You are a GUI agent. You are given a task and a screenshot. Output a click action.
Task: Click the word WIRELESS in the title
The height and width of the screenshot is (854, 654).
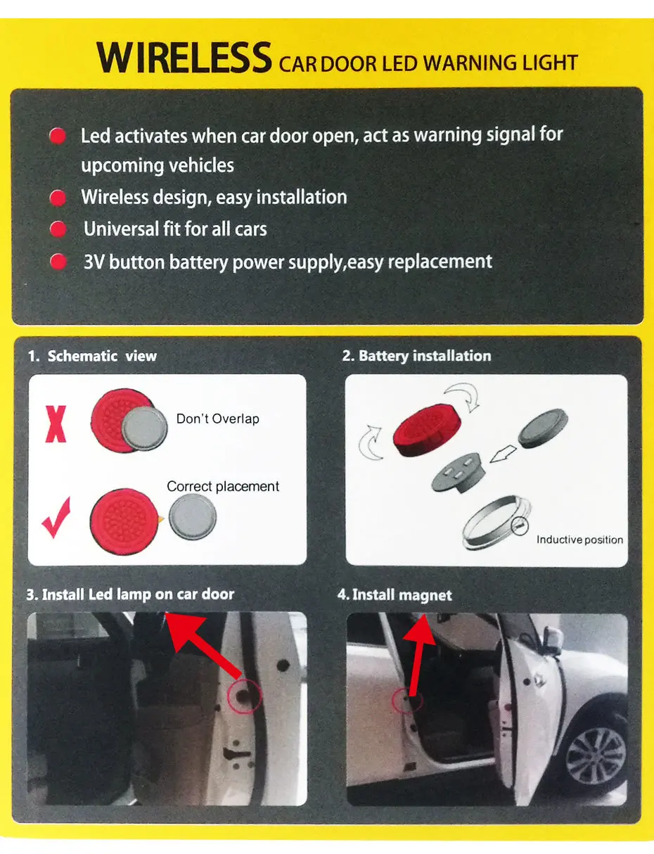pyautogui.click(x=184, y=58)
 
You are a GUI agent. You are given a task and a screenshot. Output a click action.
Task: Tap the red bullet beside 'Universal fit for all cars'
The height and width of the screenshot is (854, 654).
pyautogui.click(x=58, y=229)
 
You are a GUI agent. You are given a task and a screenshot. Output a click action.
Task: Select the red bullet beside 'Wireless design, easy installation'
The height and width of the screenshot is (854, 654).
pyautogui.click(x=58, y=198)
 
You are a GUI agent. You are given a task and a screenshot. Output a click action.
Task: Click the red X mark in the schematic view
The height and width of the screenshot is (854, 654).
pyautogui.click(x=56, y=424)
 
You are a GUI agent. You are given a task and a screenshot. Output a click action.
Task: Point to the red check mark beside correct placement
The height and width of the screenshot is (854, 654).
pyautogui.click(x=56, y=517)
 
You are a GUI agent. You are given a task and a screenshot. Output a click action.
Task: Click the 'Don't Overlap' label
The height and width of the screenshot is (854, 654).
pyautogui.click(x=217, y=419)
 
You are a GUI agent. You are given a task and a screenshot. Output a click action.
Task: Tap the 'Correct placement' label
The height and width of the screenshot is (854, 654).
pyautogui.click(x=223, y=487)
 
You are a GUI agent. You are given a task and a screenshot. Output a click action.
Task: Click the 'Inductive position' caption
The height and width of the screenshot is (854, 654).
pyautogui.click(x=579, y=540)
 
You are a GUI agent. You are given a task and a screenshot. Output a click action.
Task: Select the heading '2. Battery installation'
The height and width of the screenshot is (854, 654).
pyautogui.click(x=416, y=356)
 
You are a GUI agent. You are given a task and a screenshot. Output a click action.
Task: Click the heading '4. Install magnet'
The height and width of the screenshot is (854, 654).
pyautogui.click(x=395, y=595)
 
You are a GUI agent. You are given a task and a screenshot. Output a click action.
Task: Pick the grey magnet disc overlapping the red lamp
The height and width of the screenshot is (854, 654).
pyautogui.click(x=145, y=428)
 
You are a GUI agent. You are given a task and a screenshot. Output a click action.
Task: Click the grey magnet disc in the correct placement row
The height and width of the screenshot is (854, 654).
pyautogui.click(x=193, y=516)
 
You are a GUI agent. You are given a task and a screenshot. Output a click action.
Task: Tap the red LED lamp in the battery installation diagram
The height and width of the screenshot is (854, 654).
pyautogui.click(x=426, y=431)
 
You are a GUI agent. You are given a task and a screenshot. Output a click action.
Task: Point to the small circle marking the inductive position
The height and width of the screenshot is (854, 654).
pyautogui.click(x=520, y=526)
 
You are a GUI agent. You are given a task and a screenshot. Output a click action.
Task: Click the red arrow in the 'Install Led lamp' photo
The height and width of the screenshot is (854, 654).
pyautogui.click(x=203, y=645)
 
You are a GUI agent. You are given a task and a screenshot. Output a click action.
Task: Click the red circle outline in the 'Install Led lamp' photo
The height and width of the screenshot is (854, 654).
pyautogui.click(x=244, y=696)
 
